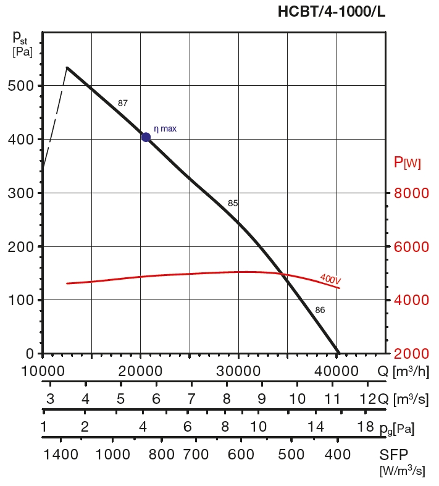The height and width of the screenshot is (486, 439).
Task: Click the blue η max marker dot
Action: tap(146, 137)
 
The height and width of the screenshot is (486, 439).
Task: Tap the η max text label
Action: tap(165, 129)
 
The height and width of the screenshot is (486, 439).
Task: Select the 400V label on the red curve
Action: tap(330, 279)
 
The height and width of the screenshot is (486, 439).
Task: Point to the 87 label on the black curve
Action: tap(122, 103)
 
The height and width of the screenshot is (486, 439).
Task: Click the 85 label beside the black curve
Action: tap(233, 203)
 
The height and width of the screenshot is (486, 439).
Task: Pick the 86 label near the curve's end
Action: tap(320, 310)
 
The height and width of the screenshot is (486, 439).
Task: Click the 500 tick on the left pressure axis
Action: tap(21, 86)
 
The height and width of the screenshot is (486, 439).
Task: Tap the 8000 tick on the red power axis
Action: tap(411, 193)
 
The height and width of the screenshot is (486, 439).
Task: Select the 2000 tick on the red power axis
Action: tap(411, 354)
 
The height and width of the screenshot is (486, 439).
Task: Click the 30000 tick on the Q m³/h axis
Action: tap(238, 371)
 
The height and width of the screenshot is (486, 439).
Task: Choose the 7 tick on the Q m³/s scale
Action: tap(191, 399)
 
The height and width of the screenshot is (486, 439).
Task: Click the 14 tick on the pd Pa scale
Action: tap(316, 427)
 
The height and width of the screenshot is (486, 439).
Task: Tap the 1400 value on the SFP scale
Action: tap(61, 455)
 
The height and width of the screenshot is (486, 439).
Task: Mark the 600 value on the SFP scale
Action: tap(241, 455)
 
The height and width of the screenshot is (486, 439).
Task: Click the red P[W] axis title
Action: tap(407, 163)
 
